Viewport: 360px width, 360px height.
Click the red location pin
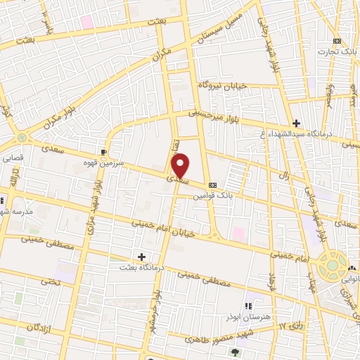pos(181,165)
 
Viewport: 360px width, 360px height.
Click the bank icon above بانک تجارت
pos(337,41)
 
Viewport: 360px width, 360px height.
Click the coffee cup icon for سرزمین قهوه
pos(104,151)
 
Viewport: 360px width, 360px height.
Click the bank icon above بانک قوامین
pos(212,177)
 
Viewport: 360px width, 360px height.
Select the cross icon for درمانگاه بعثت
pos(142,257)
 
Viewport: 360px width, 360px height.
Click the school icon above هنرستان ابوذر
pos(247,305)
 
